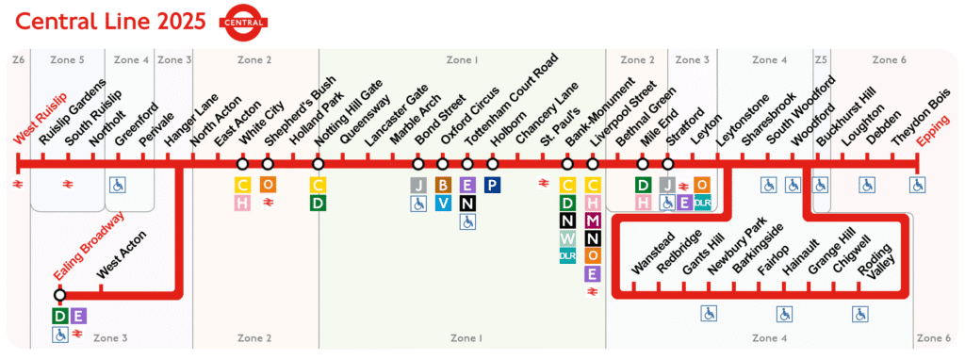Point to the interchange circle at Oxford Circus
click(x=467, y=164)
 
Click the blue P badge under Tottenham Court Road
click(x=492, y=185)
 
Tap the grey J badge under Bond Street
click(x=418, y=185)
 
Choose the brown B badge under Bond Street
click(x=443, y=185)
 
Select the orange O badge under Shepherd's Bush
click(x=268, y=185)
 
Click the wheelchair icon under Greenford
click(x=118, y=185)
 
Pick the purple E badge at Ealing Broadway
click(x=78, y=316)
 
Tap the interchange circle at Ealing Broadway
click(x=59, y=295)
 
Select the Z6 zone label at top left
click(x=18, y=60)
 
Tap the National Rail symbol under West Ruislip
click(x=18, y=185)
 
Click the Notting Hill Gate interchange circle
click(x=318, y=164)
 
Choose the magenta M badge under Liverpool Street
click(x=593, y=221)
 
